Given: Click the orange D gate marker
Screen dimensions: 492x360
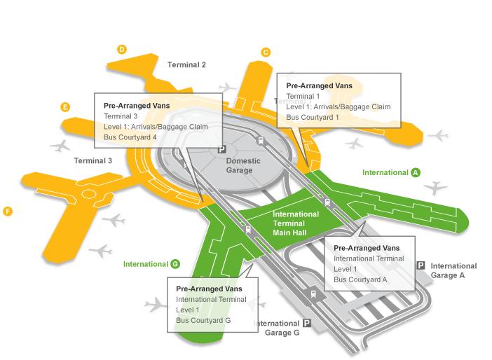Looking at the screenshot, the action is (x=122, y=49).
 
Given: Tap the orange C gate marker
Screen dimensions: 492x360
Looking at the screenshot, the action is (x=266, y=52).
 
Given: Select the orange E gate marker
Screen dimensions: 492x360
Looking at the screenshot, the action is (x=65, y=107).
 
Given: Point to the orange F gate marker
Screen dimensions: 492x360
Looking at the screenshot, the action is (x=8, y=212).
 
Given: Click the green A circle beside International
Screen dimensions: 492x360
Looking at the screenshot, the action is (x=416, y=172).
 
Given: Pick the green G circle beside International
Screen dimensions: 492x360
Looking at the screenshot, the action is (x=175, y=264).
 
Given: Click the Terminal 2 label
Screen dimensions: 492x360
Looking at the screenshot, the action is (x=186, y=65).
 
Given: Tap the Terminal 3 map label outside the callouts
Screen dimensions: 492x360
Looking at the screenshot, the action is (x=93, y=161).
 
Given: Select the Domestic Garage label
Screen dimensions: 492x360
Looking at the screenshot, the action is (x=243, y=165).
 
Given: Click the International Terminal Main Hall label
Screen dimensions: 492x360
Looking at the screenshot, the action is (x=296, y=223).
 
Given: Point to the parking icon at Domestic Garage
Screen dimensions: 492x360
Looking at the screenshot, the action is (x=222, y=149).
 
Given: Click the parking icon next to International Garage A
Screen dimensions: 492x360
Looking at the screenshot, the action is (x=421, y=265).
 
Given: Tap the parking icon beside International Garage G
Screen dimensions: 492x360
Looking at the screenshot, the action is (x=307, y=323).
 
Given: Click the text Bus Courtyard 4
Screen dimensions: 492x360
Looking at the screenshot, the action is (x=130, y=137).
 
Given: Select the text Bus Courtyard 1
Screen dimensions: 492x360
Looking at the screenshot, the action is (x=313, y=117).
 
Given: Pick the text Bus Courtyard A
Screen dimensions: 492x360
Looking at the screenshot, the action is (x=360, y=279).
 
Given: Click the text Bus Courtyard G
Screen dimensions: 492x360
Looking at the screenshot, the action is (x=203, y=321).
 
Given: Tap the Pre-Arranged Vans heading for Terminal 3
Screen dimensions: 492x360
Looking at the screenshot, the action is (x=137, y=106).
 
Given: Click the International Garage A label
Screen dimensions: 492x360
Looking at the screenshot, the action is (x=453, y=270).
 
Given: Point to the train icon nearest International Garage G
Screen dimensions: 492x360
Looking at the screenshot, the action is (x=313, y=294).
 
